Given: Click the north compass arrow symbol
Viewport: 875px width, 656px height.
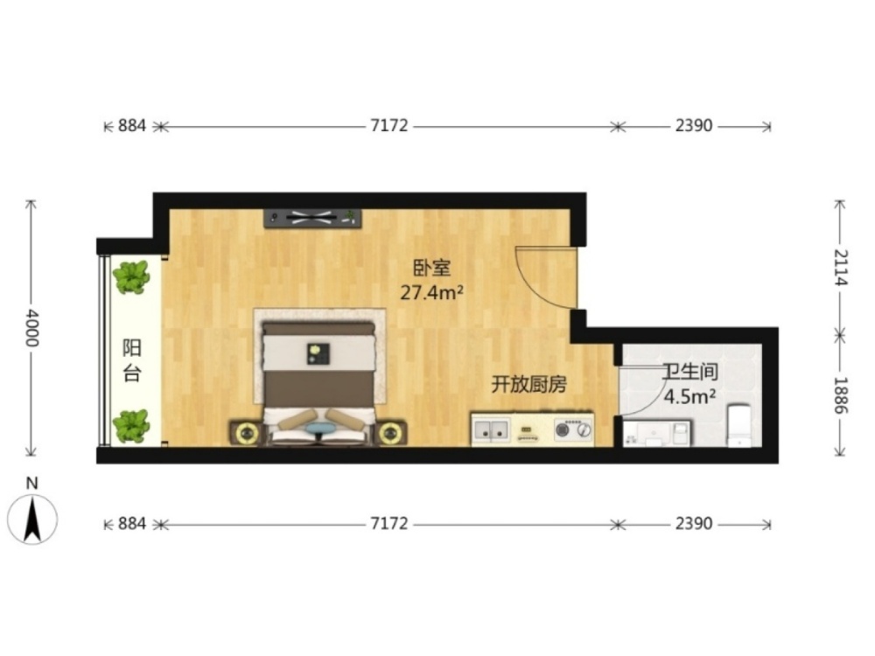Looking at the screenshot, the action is pos(32,519).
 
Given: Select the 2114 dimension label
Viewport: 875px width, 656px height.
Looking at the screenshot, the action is pos(840,268).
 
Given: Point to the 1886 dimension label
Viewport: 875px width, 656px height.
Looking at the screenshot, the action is pos(840,395).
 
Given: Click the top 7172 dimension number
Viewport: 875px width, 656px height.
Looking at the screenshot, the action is pos(389,125).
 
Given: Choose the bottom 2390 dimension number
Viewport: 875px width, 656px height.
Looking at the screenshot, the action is pos(694,523).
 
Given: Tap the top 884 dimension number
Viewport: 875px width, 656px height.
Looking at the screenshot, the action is pos(132,125).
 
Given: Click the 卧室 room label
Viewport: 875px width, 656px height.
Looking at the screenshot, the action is pos(431,268).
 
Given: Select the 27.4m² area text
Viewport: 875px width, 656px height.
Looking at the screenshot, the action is pos(432,292).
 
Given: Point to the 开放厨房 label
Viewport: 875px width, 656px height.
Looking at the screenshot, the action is pos(528,384).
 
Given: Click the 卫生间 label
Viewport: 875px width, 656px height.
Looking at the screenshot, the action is pos(689,372).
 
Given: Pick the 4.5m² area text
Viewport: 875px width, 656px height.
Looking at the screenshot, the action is pos(689,396).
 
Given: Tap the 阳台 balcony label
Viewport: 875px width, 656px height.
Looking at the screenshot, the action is pos(132,360).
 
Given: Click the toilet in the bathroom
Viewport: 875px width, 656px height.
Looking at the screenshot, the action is pos(740,426).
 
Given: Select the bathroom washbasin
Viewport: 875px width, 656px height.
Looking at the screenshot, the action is pos(656,434).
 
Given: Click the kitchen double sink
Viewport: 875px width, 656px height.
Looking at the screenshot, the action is pos(491,430).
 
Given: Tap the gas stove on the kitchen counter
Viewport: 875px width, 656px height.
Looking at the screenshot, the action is pos(573,429).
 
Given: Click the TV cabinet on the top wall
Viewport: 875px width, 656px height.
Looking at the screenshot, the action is pos(312,219).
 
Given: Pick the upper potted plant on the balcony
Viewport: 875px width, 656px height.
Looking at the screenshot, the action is pos(132,277).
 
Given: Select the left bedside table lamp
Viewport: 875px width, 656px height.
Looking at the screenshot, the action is pos(246,433).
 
